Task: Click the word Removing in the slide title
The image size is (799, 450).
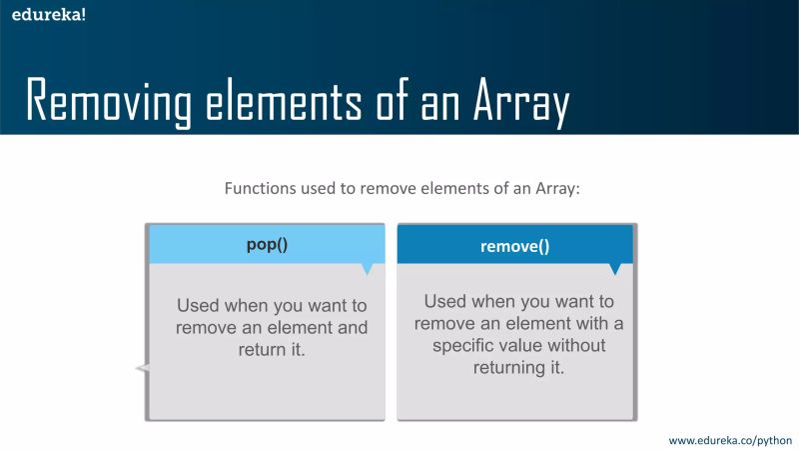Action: (121, 101)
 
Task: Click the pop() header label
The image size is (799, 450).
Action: (267, 244)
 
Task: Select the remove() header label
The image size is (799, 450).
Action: (515, 245)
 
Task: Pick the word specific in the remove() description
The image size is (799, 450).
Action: (466, 344)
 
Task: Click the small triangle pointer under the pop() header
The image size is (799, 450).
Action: (367, 268)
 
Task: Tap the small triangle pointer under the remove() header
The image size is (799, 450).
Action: (614, 269)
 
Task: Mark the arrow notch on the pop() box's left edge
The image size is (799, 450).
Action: (142, 370)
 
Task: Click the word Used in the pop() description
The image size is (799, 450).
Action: (197, 305)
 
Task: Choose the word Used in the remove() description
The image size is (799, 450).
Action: (444, 300)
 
